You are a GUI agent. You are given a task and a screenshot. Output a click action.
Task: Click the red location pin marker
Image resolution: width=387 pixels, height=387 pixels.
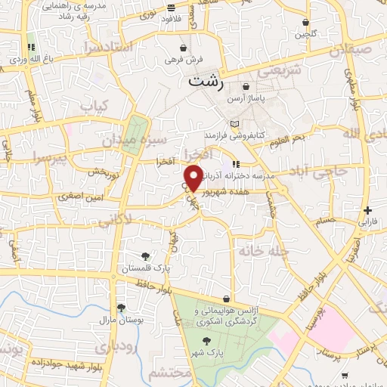point(194,178)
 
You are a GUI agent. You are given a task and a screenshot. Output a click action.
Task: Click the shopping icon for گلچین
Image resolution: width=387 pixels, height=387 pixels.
point(305,23)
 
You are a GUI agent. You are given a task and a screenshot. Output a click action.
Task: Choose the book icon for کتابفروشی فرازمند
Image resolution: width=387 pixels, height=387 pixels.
point(234,124)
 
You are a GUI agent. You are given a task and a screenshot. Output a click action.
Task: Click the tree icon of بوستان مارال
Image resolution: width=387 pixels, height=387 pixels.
point(121,308)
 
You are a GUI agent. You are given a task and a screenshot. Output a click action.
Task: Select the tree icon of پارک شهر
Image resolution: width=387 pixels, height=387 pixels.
point(206,341)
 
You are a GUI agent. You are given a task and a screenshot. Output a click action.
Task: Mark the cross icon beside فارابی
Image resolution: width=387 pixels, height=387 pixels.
point(367,210)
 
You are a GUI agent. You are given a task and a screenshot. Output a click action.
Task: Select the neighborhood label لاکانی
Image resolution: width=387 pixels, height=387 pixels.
point(114,220)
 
